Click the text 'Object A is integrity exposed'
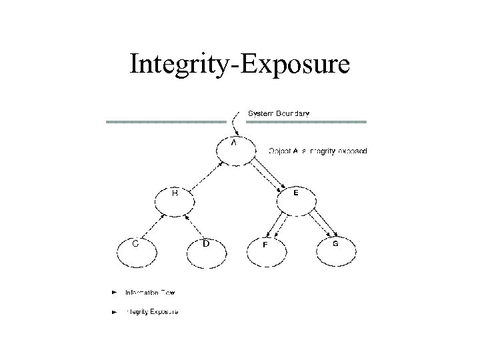[317, 151]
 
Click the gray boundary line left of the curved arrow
[166, 122]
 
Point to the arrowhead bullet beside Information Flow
[115, 292]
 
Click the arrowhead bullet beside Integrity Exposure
[115, 311]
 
